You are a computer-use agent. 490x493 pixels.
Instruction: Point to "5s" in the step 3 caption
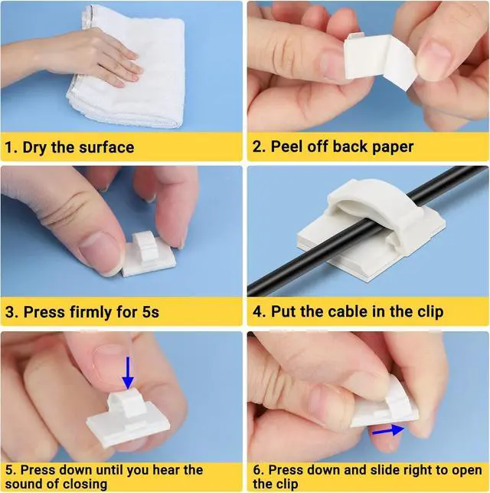[150, 312]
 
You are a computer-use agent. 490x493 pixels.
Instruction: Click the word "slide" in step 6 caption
[385, 470]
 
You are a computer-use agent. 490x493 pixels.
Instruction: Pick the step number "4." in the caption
[260, 312]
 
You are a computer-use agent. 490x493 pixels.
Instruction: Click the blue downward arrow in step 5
[128, 373]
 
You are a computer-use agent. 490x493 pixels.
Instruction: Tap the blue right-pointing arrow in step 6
[388, 431]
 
